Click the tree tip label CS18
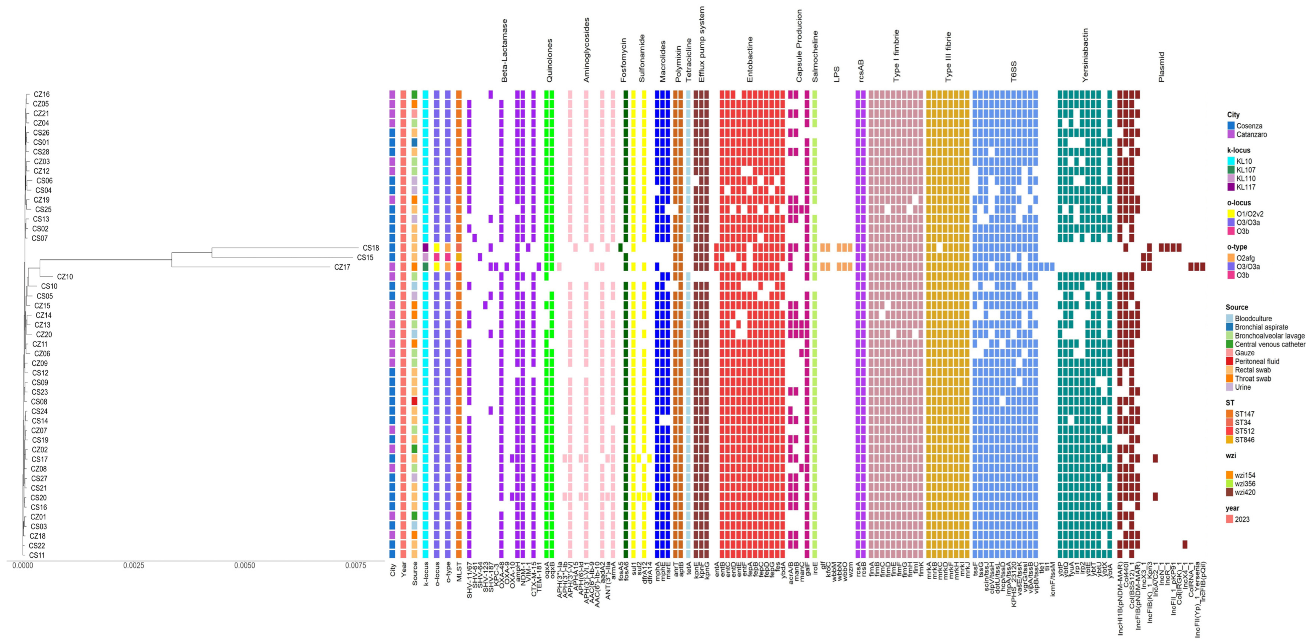pyautogui.click(x=371, y=248)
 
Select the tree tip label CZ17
pyautogui.click(x=342, y=267)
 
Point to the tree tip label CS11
pyautogui.click(x=36, y=555)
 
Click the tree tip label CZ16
pyautogui.click(x=42, y=95)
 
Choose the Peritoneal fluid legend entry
pyautogui.click(x=1257, y=361)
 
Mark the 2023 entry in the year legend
pyautogui.click(x=1241, y=519)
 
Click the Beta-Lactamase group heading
pyautogui.click(x=504, y=51)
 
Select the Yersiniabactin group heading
pyautogui.click(x=1085, y=55)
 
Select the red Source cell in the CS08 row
pyautogui.click(x=414, y=401)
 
